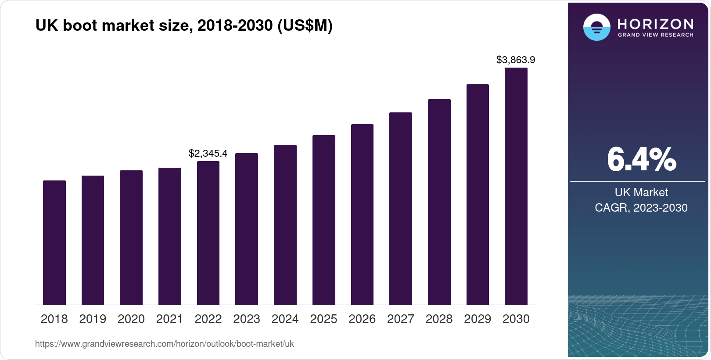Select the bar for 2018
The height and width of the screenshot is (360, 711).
[x=54, y=242]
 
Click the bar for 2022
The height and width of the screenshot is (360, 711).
[x=208, y=233]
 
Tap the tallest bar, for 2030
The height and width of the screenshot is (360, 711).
[x=516, y=186]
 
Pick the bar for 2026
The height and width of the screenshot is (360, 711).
[x=362, y=214]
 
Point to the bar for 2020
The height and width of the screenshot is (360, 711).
[x=131, y=238]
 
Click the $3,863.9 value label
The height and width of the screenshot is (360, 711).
[x=516, y=60]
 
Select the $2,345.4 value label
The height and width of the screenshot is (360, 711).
[x=208, y=153]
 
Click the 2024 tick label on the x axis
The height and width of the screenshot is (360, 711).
[x=285, y=319]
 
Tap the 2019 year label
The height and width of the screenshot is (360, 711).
[x=93, y=319]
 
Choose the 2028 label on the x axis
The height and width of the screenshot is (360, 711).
[x=439, y=319]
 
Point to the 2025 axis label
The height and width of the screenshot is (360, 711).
[x=323, y=319]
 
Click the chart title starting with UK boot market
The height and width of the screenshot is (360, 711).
[x=184, y=26]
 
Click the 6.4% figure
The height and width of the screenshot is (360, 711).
[x=641, y=160]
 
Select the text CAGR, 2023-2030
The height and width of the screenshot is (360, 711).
[x=641, y=208]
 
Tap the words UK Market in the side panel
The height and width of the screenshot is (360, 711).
[x=641, y=192]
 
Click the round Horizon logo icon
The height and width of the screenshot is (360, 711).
[x=596, y=27]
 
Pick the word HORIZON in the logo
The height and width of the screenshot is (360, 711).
[x=655, y=24]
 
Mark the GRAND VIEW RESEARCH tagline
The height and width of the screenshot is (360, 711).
[x=655, y=35]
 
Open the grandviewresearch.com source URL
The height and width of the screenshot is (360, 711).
[x=165, y=344]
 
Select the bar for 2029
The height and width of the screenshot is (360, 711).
[x=478, y=194]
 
